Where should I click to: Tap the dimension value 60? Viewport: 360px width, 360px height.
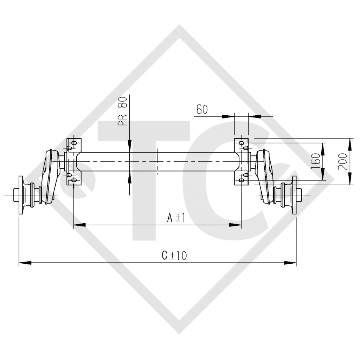[x=202, y=110]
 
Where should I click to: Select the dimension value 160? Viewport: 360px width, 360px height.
[x=316, y=161]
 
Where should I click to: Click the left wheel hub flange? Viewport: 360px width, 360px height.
[x=20, y=195]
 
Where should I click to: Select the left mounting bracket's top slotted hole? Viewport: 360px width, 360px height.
[x=74, y=143]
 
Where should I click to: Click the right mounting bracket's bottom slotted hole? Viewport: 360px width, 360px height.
[x=241, y=180]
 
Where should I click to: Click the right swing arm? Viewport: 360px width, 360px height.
[x=266, y=176]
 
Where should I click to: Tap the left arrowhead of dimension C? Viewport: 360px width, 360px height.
[x=25, y=262]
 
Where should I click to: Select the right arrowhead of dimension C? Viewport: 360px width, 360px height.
[x=290, y=262]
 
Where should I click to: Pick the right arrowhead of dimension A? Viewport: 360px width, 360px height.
[x=235, y=225]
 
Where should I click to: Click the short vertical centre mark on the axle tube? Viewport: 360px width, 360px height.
[x=158, y=161]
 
